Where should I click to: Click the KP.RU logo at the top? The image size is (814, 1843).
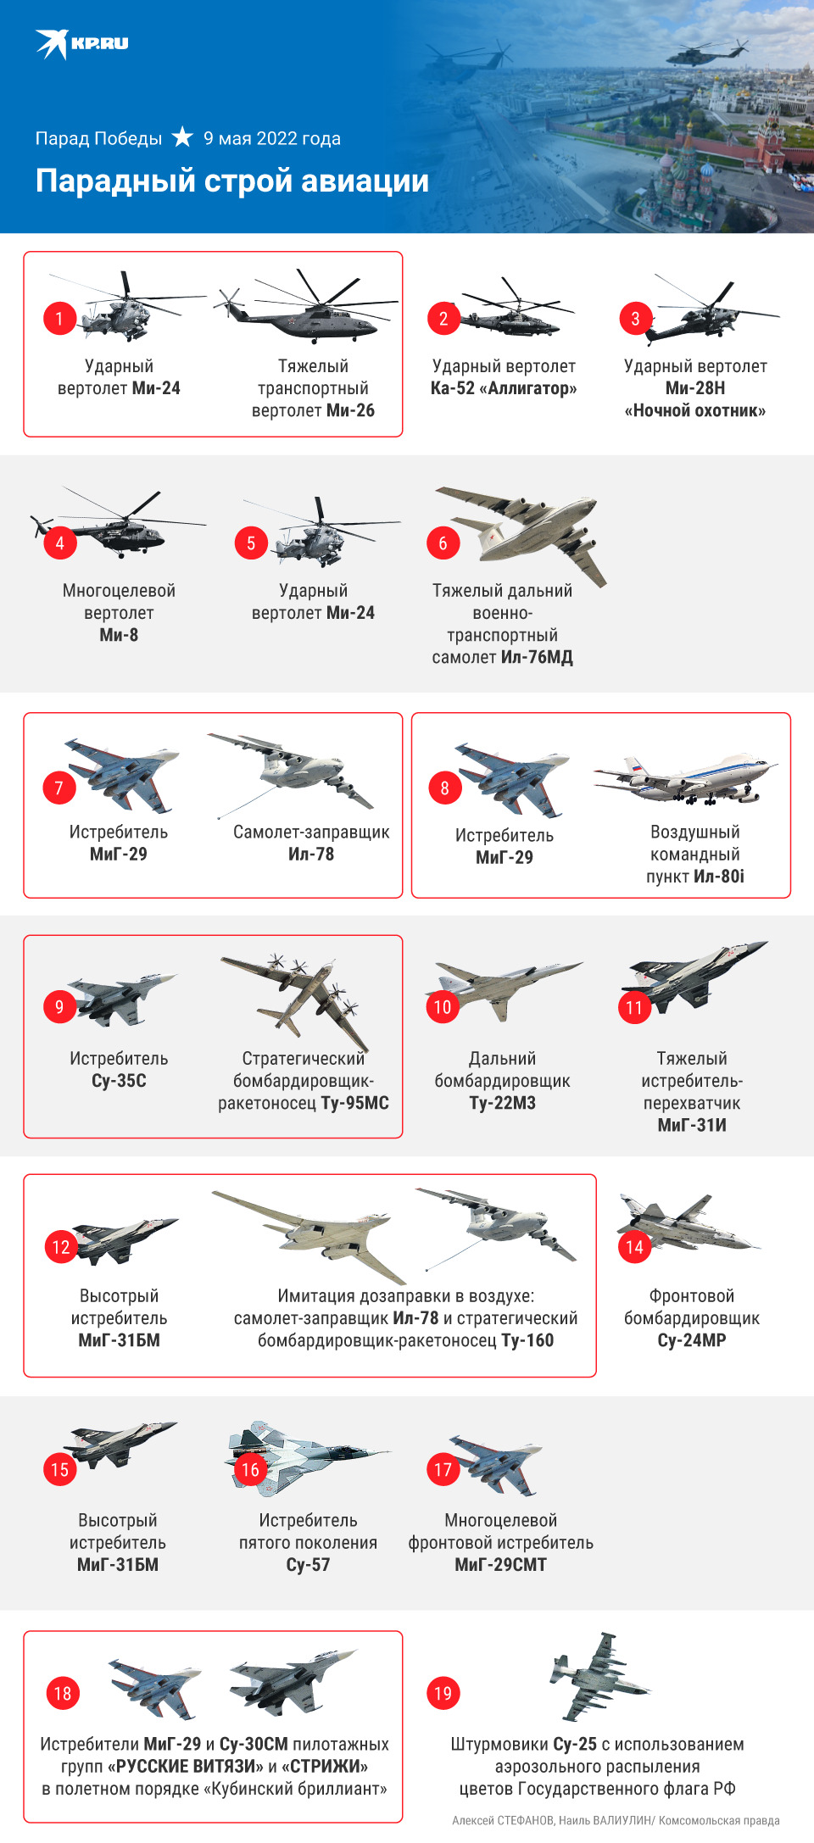(81, 43)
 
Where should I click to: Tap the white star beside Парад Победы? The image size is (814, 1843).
(182, 136)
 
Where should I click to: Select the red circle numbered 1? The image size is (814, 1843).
(59, 319)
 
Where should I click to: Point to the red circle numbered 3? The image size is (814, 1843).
(635, 319)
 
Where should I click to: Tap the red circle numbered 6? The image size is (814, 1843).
(443, 543)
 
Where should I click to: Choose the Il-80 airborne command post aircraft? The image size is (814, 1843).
(685, 778)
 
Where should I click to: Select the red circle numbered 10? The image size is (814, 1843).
(443, 1007)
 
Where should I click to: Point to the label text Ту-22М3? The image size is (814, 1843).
(502, 1103)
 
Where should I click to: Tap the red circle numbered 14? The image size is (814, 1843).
(634, 1247)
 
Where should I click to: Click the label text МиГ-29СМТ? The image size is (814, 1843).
(500, 1565)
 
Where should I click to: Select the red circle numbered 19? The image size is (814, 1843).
(443, 1694)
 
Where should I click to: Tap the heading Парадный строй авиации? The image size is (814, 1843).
(232, 181)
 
